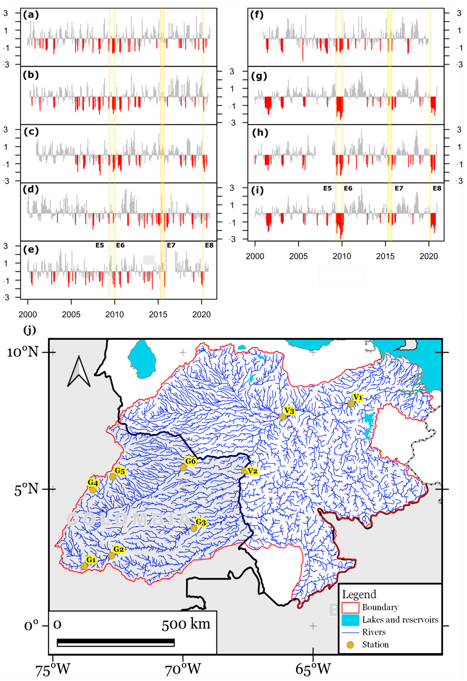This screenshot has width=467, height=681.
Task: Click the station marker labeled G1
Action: [84, 566]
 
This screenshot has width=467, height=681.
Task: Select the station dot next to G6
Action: [183, 467]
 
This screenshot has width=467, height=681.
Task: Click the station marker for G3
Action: [193, 528]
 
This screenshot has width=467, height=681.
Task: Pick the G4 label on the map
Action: [93, 482]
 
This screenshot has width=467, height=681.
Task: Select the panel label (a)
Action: [31, 15]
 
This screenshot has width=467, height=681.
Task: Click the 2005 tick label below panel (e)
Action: [71, 314]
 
